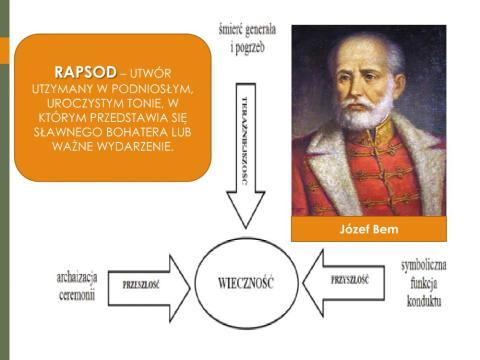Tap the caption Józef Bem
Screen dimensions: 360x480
tap(369, 229)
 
